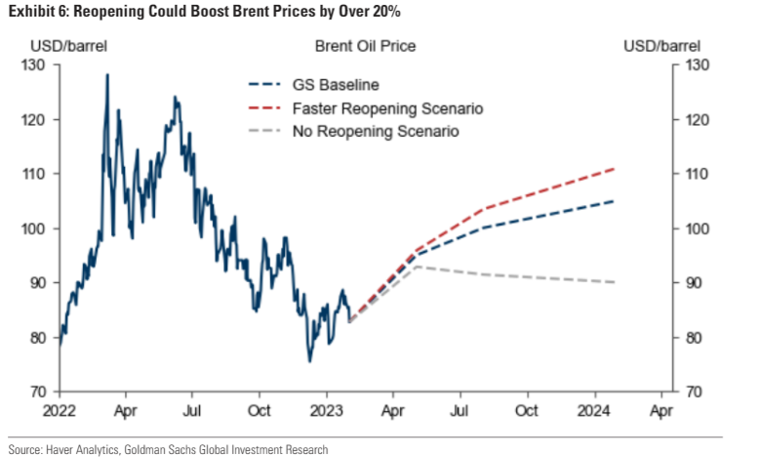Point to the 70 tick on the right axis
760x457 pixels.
click(698, 393)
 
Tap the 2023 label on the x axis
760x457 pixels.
click(327, 411)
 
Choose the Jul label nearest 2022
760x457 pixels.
click(193, 411)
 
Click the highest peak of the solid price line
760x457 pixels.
click(107, 74)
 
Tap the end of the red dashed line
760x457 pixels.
click(615, 168)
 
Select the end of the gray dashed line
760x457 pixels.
click(615, 282)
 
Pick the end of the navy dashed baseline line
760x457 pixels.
click(615, 201)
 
